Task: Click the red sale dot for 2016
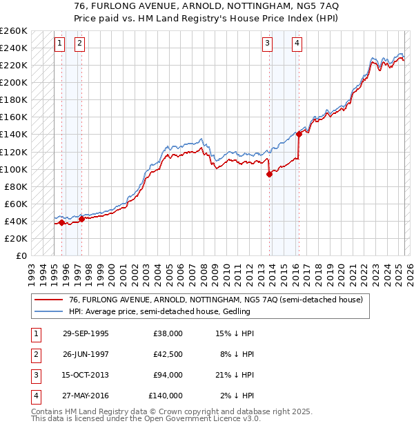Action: tap(299, 134)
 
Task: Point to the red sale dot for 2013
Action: tap(269, 174)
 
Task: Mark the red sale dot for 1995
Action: tap(61, 222)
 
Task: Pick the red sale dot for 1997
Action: tap(81, 219)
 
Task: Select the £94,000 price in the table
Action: tap(166, 376)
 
